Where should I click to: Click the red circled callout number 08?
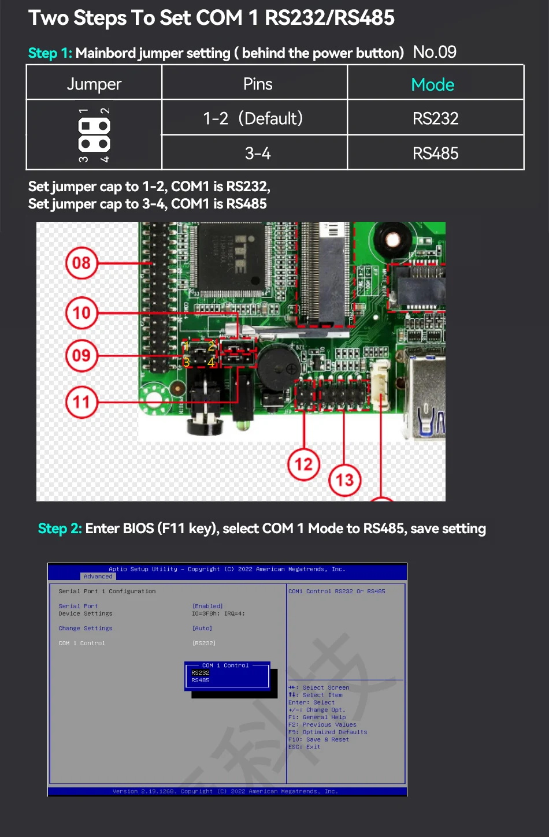click(x=81, y=263)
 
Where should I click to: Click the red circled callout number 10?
click(x=81, y=313)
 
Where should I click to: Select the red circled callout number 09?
click(x=81, y=355)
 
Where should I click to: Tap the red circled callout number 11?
click(x=81, y=401)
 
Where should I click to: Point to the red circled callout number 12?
click(x=303, y=463)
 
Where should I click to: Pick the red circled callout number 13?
click(x=344, y=479)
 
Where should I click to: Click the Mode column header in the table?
click(x=433, y=84)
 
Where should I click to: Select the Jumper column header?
click(x=94, y=84)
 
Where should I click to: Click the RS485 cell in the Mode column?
click(x=435, y=153)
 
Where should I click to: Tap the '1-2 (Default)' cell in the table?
click(x=253, y=118)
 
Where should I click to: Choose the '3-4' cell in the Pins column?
click(x=258, y=153)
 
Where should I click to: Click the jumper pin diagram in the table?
click(x=94, y=135)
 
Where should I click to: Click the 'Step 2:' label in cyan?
click(x=60, y=529)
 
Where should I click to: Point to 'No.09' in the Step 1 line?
click(x=435, y=53)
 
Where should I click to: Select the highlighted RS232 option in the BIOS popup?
click(x=201, y=673)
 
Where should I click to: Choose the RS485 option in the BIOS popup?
click(x=201, y=680)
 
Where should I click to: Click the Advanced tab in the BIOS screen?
click(x=98, y=576)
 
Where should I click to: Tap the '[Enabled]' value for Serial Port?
click(x=207, y=606)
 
